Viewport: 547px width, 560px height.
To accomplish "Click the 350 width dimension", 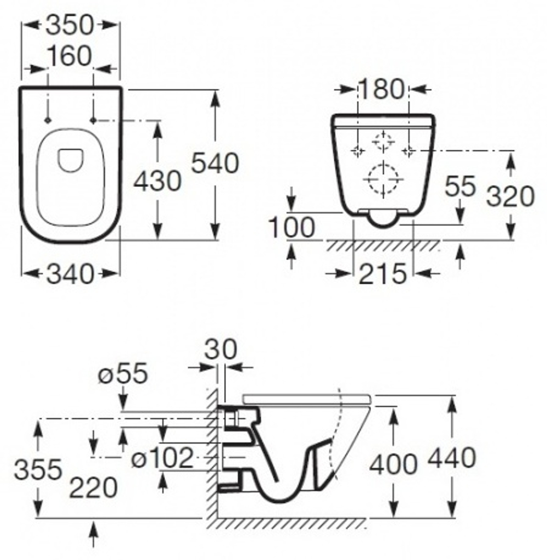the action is point(70,25).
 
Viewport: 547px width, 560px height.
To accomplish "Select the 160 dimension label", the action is point(70,56).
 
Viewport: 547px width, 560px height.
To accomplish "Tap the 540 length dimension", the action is point(215,163).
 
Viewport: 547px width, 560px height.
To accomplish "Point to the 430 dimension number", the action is point(158,180).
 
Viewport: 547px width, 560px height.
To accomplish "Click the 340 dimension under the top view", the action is point(71,275).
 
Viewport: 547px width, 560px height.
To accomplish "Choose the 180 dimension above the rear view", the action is point(382,89).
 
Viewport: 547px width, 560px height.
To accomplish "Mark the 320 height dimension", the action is point(511,196).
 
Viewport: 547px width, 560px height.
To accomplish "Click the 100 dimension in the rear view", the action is point(292,227).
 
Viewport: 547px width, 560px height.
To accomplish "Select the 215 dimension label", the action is point(383,275).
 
